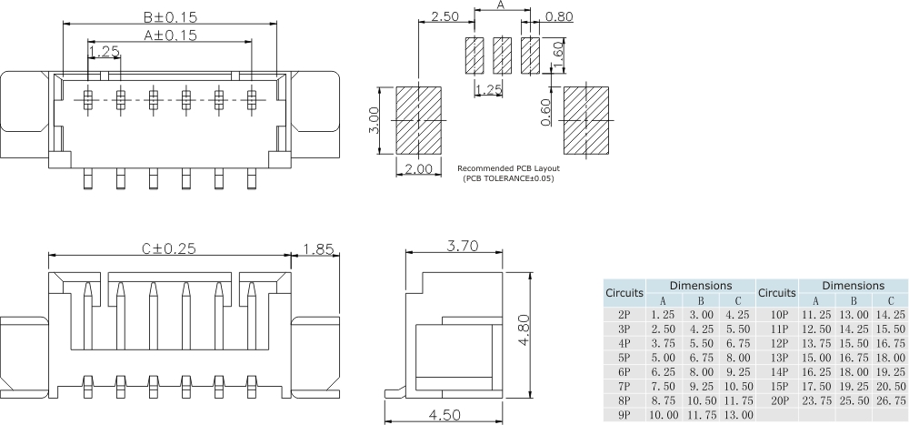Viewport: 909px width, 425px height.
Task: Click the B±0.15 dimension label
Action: click(x=170, y=17)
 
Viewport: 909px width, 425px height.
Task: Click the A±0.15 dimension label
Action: click(x=170, y=35)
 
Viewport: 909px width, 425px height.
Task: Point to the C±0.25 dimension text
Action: click(x=168, y=248)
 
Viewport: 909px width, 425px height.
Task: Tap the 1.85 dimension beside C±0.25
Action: click(x=318, y=248)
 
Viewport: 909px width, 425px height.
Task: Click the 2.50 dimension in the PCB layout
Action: click(x=445, y=17)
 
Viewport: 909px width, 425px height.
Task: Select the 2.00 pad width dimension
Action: click(x=418, y=168)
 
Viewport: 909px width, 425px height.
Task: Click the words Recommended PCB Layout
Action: click(x=508, y=168)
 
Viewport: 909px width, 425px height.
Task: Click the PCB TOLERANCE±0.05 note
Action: click(x=508, y=178)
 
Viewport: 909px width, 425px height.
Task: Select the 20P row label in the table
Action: click(x=777, y=400)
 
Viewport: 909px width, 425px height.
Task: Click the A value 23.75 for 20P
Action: click(x=815, y=400)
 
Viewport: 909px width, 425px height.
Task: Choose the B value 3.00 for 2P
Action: click(x=701, y=312)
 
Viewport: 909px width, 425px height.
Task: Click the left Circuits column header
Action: click(x=624, y=293)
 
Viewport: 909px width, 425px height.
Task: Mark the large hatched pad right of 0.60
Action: click(x=587, y=120)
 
